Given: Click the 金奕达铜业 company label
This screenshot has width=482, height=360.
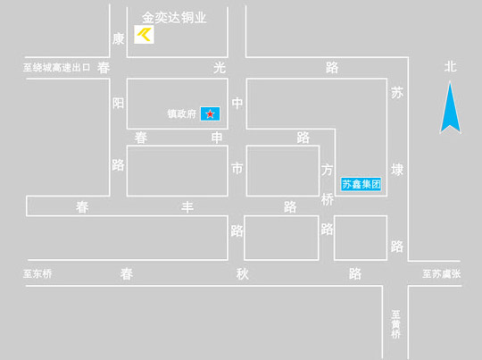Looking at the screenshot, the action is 174,18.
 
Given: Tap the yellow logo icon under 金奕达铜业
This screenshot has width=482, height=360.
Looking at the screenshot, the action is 144,35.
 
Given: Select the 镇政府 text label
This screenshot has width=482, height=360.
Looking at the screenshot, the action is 182,113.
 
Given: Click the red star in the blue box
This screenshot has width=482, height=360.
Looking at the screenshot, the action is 210,114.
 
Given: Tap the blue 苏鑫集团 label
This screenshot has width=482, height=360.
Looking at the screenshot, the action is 361,184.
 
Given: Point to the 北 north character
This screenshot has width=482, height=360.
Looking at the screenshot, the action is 451,66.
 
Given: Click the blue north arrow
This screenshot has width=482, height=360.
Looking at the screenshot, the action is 451,107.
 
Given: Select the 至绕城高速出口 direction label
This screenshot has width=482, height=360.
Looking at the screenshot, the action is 56,67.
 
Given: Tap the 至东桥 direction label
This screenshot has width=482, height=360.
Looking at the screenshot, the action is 37,273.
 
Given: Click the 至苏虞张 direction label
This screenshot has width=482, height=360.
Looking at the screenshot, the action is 442,273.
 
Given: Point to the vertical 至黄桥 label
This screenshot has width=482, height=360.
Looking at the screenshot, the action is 396,324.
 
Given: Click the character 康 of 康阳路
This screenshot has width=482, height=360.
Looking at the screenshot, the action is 119,39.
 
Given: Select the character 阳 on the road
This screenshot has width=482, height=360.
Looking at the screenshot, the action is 119,103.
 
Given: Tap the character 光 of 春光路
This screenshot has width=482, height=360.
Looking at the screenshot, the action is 220,68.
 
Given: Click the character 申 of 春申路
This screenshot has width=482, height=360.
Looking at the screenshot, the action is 217,138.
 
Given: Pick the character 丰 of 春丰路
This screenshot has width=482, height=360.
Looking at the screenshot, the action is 187,207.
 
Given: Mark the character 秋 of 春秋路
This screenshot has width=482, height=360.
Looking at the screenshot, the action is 243,274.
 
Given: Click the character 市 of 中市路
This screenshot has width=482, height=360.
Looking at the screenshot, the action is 237,169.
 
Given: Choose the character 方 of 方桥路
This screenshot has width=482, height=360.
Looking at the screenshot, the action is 327,170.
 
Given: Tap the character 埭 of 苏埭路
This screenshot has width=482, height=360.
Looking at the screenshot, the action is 397,170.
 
